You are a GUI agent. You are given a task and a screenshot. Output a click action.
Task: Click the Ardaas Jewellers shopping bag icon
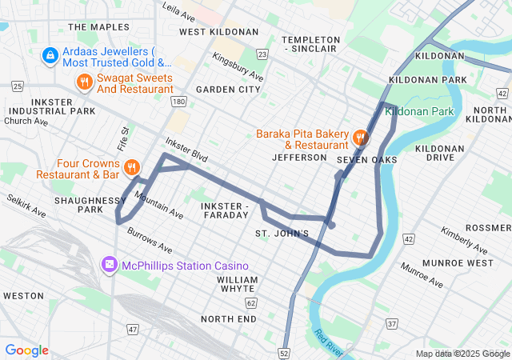coord(50,55)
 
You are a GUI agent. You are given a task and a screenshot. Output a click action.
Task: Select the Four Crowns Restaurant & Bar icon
coord(132,168)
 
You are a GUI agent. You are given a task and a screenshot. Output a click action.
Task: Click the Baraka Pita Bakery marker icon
coord(360,138)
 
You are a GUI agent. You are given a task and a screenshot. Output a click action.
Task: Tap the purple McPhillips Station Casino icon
coord(108,265)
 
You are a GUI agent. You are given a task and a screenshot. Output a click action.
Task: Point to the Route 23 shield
coord(262,54)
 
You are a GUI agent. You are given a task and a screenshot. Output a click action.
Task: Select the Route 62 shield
coord(250,303)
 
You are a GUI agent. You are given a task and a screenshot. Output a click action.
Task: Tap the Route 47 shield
coord(133,329)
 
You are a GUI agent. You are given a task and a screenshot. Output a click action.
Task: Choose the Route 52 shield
coord(286,353)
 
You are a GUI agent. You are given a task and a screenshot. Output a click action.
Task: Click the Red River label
coord(330,342)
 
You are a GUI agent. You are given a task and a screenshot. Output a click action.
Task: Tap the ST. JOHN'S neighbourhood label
coord(282,234)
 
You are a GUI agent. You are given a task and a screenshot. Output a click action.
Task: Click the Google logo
coord(26,350)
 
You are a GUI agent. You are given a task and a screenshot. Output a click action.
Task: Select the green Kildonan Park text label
coord(419,111)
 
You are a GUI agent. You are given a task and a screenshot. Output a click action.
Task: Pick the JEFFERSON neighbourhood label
coord(300,158)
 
